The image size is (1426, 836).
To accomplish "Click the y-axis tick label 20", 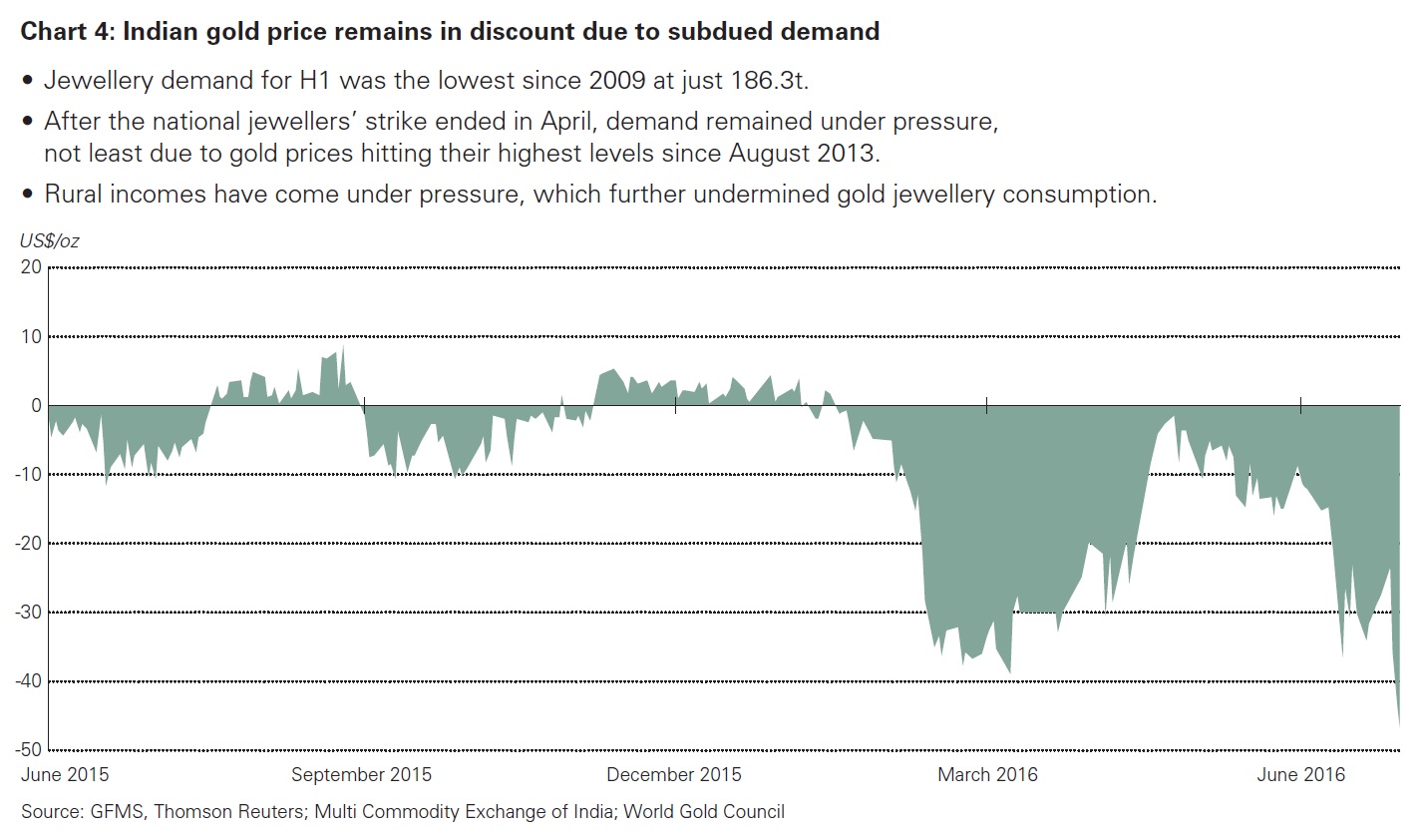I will tap(30, 267).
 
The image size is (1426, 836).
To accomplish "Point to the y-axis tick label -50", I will tap(27, 750).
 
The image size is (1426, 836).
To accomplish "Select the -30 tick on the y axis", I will tap(27, 613).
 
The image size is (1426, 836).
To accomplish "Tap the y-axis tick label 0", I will tap(35, 406).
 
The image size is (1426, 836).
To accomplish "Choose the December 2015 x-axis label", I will tap(674, 774).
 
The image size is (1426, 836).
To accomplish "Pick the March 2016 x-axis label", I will tap(987, 774).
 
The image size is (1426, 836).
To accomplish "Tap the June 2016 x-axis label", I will tap(1301, 774).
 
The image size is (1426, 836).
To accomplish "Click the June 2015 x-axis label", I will tap(66, 774).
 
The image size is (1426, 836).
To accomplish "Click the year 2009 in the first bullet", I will tap(617, 81).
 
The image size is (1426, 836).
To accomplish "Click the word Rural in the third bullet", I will tap(74, 194).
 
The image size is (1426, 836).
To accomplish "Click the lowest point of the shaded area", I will tap(1399, 726).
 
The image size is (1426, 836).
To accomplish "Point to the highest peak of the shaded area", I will tap(343, 347).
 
